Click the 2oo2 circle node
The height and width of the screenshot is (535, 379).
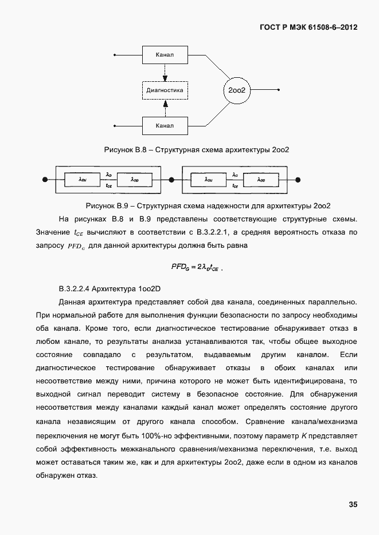click(x=237, y=90)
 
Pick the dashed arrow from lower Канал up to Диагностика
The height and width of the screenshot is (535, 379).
click(x=165, y=108)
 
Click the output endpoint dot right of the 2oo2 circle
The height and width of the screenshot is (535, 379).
click(x=280, y=90)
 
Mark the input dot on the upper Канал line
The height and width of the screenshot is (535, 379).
click(x=115, y=55)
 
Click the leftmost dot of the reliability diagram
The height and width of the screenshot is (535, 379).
click(x=45, y=180)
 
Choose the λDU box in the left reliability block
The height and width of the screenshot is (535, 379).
click(x=82, y=180)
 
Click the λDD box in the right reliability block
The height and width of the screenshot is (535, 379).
click(x=261, y=180)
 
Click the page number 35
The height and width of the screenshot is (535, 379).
click(x=353, y=504)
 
